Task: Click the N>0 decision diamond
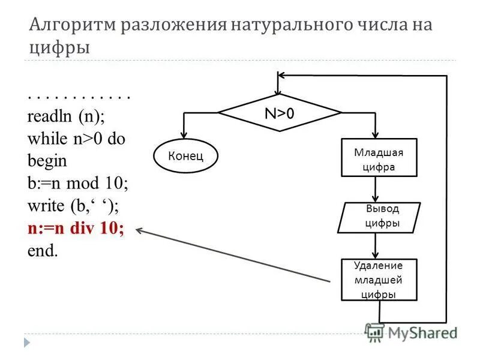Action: click(x=279, y=113)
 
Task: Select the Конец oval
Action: click(x=186, y=157)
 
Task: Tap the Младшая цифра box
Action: click(x=378, y=159)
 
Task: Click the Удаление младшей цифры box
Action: click(x=378, y=280)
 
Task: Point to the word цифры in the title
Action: click(x=59, y=48)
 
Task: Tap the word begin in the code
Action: click(x=47, y=162)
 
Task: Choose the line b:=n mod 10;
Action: click(x=77, y=184)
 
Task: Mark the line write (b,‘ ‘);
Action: click(x=73, y=206)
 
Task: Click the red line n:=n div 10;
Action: click(x=76, y=229)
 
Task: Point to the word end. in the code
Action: click(x=43, y=250)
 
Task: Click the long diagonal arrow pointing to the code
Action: click(x=234, y=255)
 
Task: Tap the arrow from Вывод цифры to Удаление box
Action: click(x=376, y=246)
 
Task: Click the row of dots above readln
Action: click(x=79, y=96)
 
